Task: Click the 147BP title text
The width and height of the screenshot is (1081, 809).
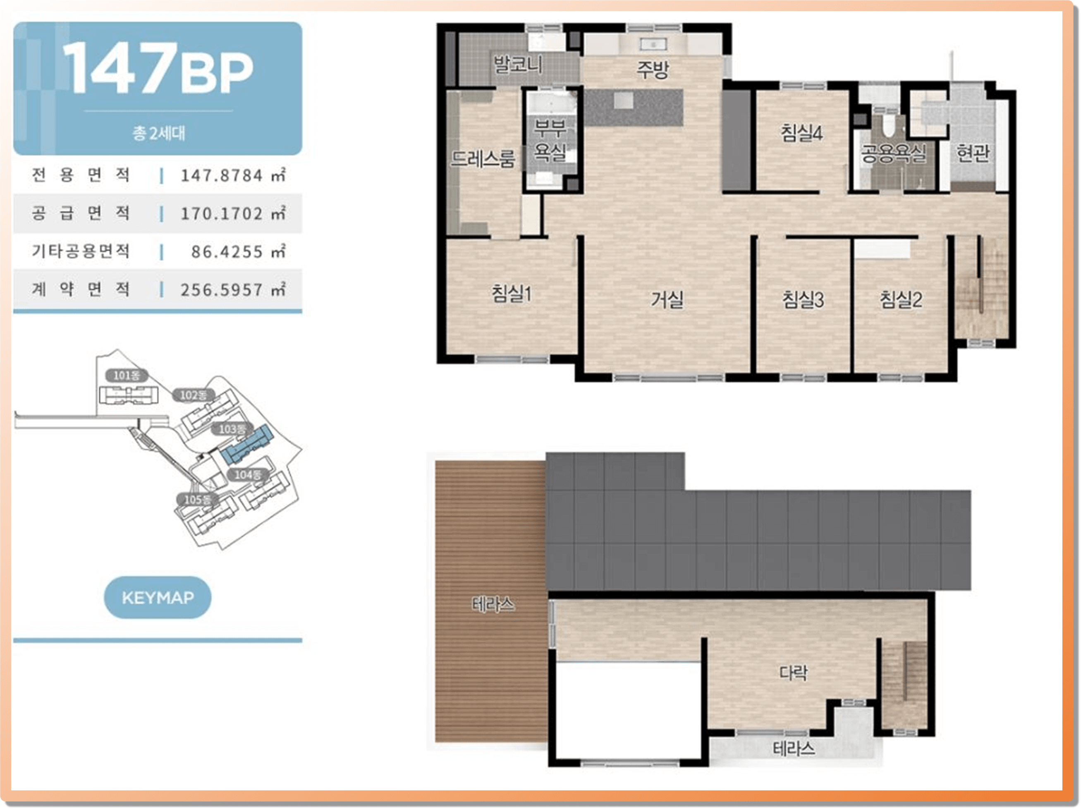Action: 158,68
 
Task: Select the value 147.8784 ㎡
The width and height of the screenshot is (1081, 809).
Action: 233,175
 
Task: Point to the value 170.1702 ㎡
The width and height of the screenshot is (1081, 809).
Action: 233,213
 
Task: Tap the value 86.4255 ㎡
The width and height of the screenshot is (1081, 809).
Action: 238,251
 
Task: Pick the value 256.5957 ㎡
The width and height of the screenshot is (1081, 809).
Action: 233,290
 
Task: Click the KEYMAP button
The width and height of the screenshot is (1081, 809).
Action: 158,597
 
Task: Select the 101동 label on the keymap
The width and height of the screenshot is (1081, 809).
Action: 127,376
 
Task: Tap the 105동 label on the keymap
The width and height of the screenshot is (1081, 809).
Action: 197,500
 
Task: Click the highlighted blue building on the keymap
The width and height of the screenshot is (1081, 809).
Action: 247,444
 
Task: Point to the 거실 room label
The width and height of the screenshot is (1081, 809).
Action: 667,299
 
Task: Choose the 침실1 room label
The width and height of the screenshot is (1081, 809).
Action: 511,293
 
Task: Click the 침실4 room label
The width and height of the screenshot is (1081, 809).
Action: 801,133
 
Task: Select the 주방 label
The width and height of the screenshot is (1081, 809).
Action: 653,69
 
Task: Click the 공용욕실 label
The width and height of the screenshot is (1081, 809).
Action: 893,154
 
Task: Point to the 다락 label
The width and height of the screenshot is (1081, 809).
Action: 793,673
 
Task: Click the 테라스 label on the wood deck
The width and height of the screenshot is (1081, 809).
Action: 493,605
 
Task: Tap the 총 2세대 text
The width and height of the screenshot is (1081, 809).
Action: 159,133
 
